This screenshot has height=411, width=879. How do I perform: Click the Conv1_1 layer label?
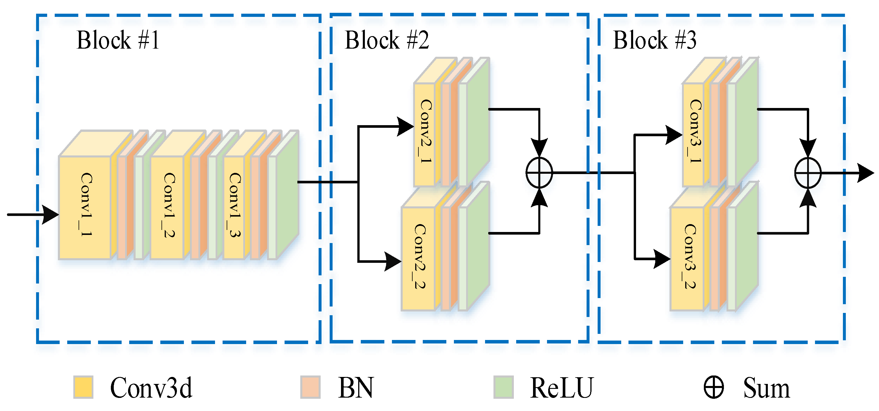[x=86, y=205]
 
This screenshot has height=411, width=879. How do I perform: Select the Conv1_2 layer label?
[x=169, y=205]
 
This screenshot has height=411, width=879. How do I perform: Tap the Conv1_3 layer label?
[x=235, y=205]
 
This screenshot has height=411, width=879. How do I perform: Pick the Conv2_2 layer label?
[x=419, y=256]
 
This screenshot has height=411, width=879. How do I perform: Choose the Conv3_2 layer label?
[x=689, y=256]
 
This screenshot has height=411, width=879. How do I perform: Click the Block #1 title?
[x=118, y=40]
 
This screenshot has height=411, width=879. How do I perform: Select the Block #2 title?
[x=387, y=40]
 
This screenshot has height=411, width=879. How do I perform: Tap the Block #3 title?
[x=654, y=40]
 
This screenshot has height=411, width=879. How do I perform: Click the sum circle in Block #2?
[x=539, y=173]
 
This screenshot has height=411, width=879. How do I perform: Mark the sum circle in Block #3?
[x=808, y=173]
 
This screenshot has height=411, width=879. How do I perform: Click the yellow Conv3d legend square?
[x=83, y=387]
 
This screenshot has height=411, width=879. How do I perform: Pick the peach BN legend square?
[x=310, y=387]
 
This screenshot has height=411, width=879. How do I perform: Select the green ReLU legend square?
[x=503, y=387]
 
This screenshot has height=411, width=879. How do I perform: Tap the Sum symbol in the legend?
[x=713, y=387]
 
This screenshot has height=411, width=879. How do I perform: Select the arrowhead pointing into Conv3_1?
[x=674, y=135]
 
